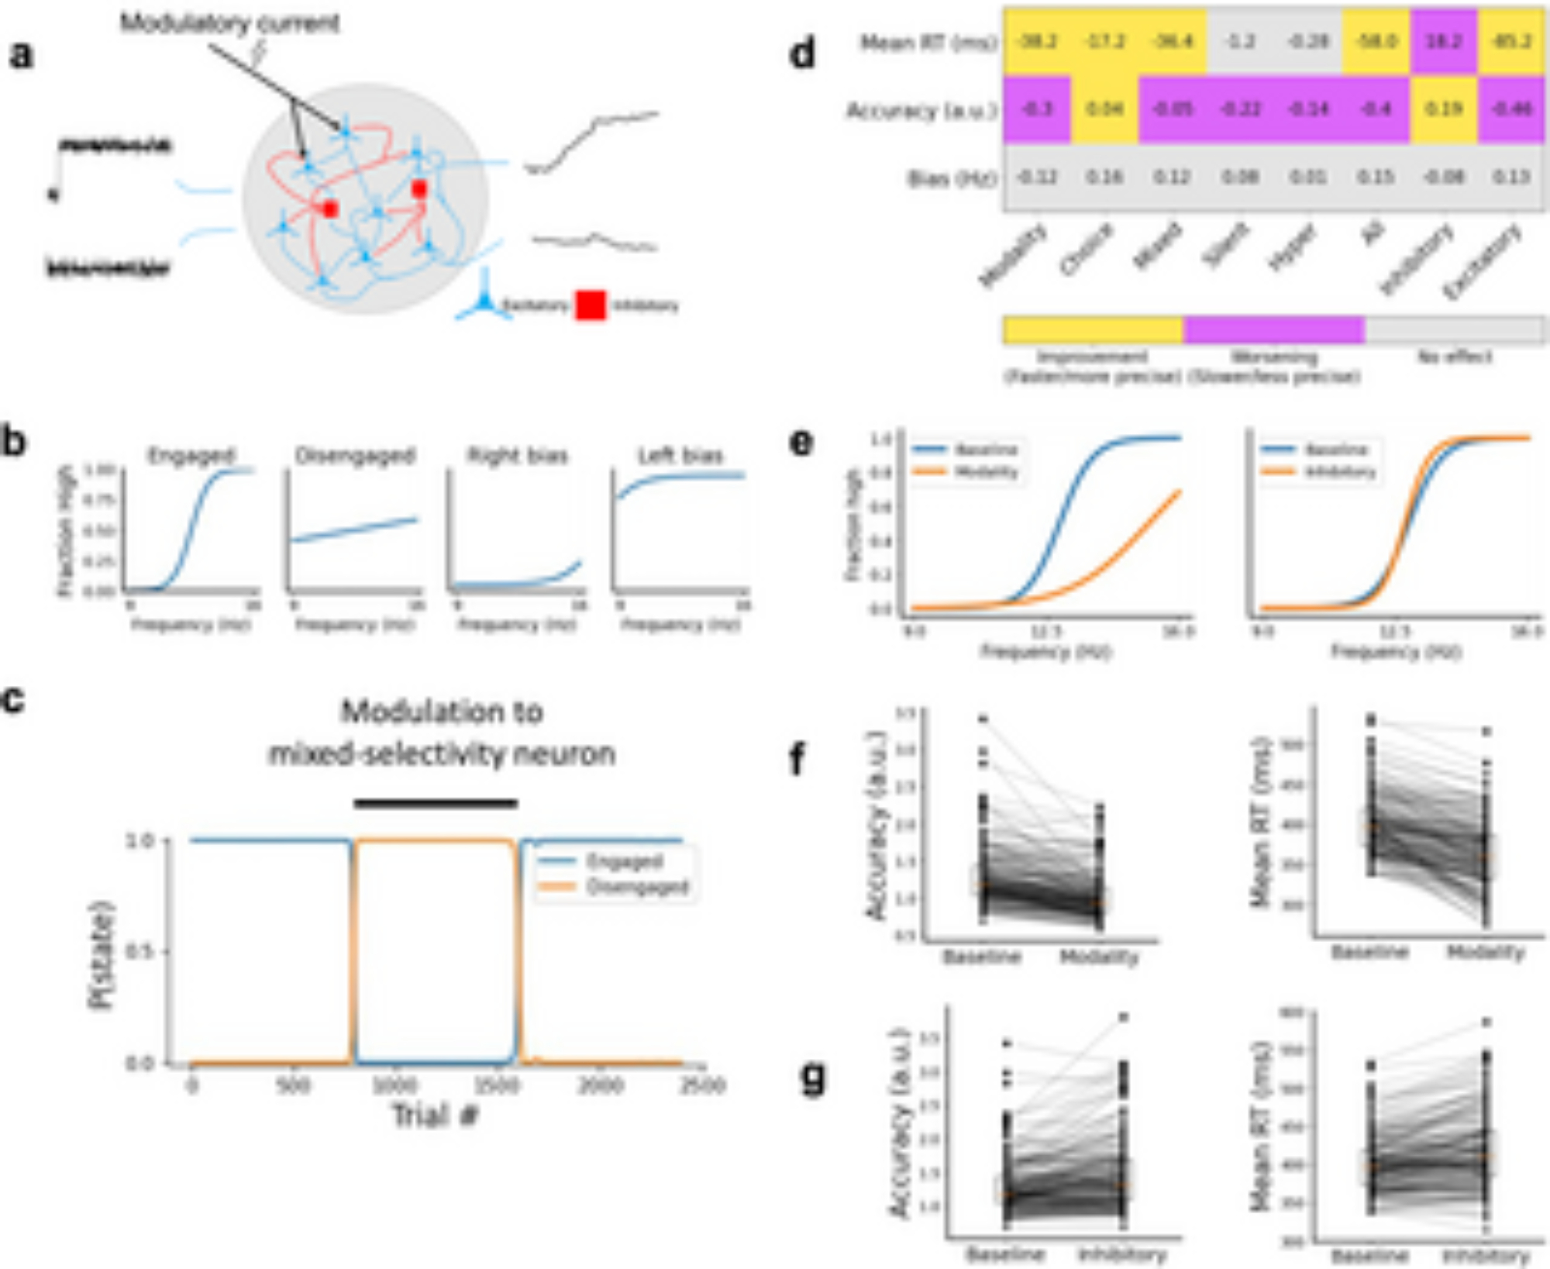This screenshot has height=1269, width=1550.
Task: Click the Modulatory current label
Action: tap(229, 23)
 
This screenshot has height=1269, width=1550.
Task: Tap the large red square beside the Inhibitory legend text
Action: tap(591, 305)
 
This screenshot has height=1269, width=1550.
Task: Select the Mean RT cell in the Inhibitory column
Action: tap(1443, 41)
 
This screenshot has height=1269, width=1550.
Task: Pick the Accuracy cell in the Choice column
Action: tap(1104, 109)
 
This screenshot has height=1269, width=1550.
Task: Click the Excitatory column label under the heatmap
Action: tap(1482, 261)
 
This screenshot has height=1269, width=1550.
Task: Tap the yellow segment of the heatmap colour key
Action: tap(1093, 329)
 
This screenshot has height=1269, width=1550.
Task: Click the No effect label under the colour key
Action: tap(1454, 357)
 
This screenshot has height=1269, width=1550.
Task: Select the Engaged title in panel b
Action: tap(191, 455)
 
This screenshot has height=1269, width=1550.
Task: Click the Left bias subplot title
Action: tap(680, 455)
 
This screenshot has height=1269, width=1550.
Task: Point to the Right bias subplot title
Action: tap(517, 455)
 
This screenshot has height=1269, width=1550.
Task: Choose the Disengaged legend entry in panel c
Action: tap(636, 887)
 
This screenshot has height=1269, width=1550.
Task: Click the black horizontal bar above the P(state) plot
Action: tap(436, 803)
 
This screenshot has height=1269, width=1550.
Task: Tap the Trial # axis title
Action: tap(435, 1116)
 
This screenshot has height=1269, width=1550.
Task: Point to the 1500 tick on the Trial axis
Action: tap(496, 1085)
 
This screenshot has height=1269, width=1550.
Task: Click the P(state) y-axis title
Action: tap(102, 954)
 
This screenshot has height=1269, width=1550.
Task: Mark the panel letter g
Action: tap(811, 1078)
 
